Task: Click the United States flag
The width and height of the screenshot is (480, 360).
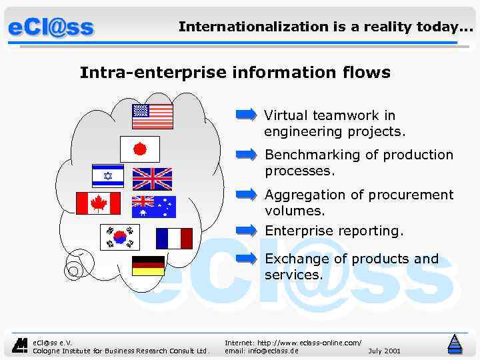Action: [153, 116]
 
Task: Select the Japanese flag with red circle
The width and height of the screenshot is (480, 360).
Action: [140, 149]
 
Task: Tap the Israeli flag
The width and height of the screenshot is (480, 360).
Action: [107, 176]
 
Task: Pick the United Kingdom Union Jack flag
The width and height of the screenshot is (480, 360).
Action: [152, 179]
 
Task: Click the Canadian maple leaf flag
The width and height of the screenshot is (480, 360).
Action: [99, 203]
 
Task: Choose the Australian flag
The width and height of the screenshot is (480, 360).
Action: [153, 207]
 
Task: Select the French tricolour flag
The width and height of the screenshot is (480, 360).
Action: [174, 238]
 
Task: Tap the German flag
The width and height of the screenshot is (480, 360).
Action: [148, 266]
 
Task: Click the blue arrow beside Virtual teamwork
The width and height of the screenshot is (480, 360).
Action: [246, 115]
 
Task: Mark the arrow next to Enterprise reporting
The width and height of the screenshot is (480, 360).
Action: [247, 231]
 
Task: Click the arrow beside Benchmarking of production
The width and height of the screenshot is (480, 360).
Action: [247, 155]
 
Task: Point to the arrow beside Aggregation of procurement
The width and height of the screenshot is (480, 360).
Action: [247, 195]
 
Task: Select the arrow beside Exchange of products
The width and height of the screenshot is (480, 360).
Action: [247, 259]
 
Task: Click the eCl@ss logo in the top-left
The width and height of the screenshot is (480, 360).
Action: [51, 28]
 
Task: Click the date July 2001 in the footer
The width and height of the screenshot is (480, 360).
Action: [384, 350]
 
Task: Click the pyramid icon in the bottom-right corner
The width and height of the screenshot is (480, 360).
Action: [455, 344]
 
